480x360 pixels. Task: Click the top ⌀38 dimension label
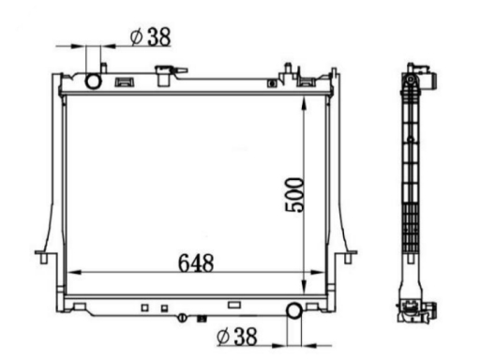pos(151,37)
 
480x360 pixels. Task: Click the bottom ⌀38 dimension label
pos(237,337)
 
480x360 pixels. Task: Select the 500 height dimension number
pos(294,195)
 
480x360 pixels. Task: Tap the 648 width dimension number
pos(196,263)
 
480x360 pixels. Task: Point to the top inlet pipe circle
pos(93,82)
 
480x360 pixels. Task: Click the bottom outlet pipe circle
pos(294,310)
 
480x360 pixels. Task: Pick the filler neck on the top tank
pos(164,75)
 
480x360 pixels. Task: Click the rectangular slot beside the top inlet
pos(125,82)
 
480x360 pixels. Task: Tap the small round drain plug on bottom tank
pos(182,318)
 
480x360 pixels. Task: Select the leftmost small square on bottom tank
pos(144,307)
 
